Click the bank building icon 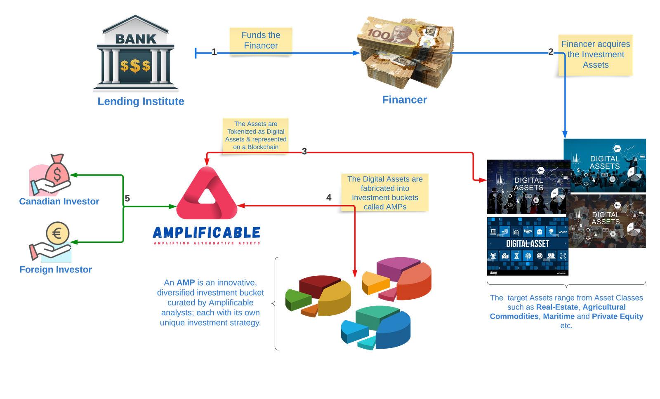click(x=135, y=53)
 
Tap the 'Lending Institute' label click(x=141, y=101)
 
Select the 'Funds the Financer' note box click(x=261, y=40)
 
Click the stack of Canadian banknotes click(x=405, y=52)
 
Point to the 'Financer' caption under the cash click(x=404, y=100)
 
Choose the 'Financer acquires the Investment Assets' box click(x=596, y=54)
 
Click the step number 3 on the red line click(x=304, y=151)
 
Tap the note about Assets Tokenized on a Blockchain click(x=256, y=135)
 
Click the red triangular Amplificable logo click(x=207, y=194)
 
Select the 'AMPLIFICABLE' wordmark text click(x=207, y=233)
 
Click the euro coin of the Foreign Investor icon click(x=57, y=233)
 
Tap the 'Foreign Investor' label click(x=56, y=270)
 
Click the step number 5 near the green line click(x=127, y=199)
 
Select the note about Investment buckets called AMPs click(x=385, y=192)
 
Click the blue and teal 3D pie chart click(x=376, y=328)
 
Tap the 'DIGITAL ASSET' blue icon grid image click(x=528, y=244)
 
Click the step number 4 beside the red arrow click(x=329, y=198)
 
